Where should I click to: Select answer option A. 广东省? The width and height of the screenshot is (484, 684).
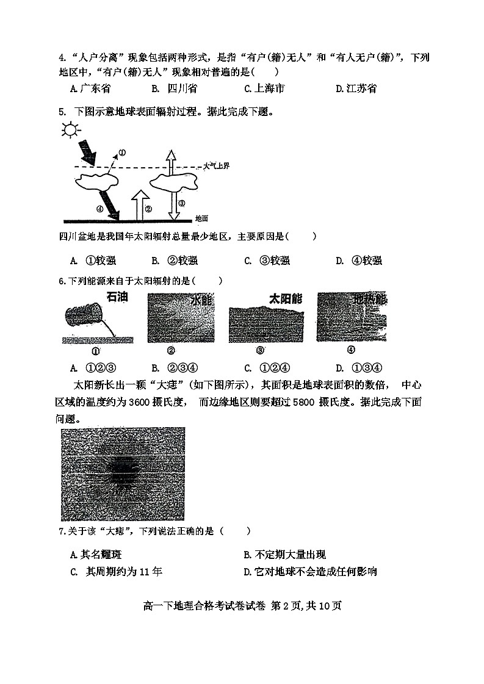[x=90, y=88]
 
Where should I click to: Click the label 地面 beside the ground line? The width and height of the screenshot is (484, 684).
[x=201, y=218]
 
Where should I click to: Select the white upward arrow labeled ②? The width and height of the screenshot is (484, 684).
[x=140, y=204]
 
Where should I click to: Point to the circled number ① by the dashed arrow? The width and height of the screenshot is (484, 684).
[x=121, y=153]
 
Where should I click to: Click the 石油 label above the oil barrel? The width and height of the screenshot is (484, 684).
[x=118, y=298]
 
